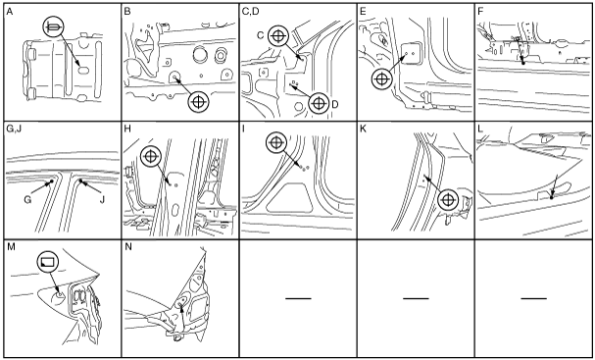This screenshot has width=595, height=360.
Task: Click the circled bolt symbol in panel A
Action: click(54, 26)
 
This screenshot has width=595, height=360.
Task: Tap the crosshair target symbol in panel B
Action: click(199, 102)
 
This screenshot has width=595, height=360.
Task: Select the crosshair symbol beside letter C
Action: click(278, 36)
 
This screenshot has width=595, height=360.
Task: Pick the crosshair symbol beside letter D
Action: click(319, 103)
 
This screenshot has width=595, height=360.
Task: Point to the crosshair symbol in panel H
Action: click(151, 157)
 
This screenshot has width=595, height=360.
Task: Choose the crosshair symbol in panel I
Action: click(277, 143)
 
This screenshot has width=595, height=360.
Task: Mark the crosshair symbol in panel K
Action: click(448, 200)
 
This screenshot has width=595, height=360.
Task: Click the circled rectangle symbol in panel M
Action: click(48, 262)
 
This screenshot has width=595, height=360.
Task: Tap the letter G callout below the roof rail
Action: click(27, 199)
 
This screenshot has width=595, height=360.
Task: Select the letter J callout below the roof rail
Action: click(102, 199)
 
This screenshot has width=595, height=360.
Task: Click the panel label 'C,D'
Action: click(250, 12)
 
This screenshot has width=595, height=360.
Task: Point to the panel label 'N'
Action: click(128, 247)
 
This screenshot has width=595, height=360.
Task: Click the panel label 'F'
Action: click(480, 12)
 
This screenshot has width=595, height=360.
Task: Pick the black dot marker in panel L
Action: click(552, 197)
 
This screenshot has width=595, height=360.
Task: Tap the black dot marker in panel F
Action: click(523, 63)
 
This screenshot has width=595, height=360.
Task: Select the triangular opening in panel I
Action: click(290, 197)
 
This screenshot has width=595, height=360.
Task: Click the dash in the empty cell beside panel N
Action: click(298, 298)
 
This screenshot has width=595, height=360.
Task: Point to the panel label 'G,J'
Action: click(15, 129)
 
